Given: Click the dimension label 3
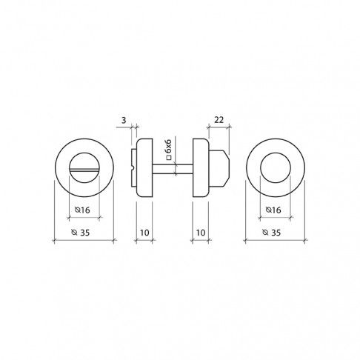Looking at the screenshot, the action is (x=124, y=120).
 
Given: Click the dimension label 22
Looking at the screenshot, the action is (x=219, y=120).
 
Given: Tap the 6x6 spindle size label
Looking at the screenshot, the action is (x=168, y=146).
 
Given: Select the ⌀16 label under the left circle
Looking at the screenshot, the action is (x=82, y=210).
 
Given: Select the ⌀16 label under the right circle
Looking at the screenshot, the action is (x=273, y=210).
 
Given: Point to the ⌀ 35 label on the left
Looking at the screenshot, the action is (x=81, y=233).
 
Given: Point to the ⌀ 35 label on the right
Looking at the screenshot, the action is (x=272, y=233).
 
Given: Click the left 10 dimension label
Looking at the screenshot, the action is (x=144, y=233).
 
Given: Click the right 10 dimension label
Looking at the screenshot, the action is (x=201, y=233).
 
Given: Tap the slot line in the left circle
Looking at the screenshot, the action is (x=84, y=170).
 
